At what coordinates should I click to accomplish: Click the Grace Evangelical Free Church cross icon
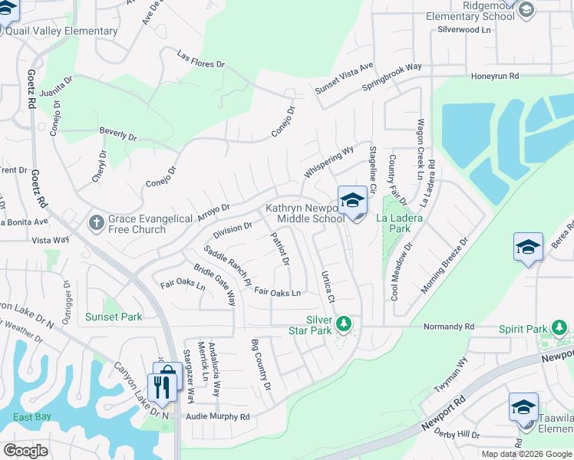(95, 222)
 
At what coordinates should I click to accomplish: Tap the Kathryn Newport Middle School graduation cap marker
(352, 202)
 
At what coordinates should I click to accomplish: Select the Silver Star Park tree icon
(345, 324)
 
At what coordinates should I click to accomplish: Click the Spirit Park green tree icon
(559, 330)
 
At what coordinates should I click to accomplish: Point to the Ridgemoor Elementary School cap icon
(526, 9)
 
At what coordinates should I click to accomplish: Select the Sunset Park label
(114, 317)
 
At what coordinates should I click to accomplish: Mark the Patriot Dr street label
(280, 250)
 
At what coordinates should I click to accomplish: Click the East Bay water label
(32, 417)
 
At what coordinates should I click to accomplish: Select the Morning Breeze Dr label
(444, 266)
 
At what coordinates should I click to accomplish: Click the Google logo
(25, 451)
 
